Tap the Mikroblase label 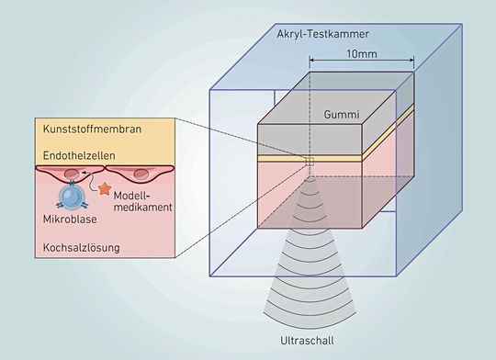click(x=66, y=221)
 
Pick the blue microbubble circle click(x=70, y=195)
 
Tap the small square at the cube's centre click(x=310, y=163)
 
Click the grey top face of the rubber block click(x=331, y=107)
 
